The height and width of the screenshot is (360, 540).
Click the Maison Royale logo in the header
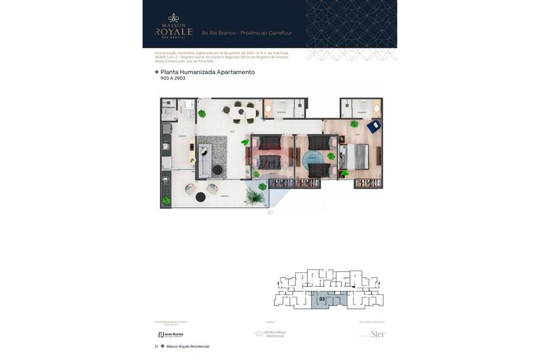173,26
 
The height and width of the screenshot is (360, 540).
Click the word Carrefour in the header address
280,33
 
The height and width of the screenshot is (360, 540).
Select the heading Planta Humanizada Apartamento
207,72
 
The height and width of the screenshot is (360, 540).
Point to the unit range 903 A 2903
173,78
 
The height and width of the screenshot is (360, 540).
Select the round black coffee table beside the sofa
218,170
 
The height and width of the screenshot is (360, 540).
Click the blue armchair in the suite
373,126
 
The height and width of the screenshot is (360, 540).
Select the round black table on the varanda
200,197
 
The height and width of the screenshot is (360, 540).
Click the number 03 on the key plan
322,298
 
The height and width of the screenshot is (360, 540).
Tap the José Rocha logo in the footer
171,335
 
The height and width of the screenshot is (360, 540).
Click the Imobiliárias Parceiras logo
270,334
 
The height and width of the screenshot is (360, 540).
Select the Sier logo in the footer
377,334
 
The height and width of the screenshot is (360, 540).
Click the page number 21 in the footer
156,347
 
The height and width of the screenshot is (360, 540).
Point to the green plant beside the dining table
201,114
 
